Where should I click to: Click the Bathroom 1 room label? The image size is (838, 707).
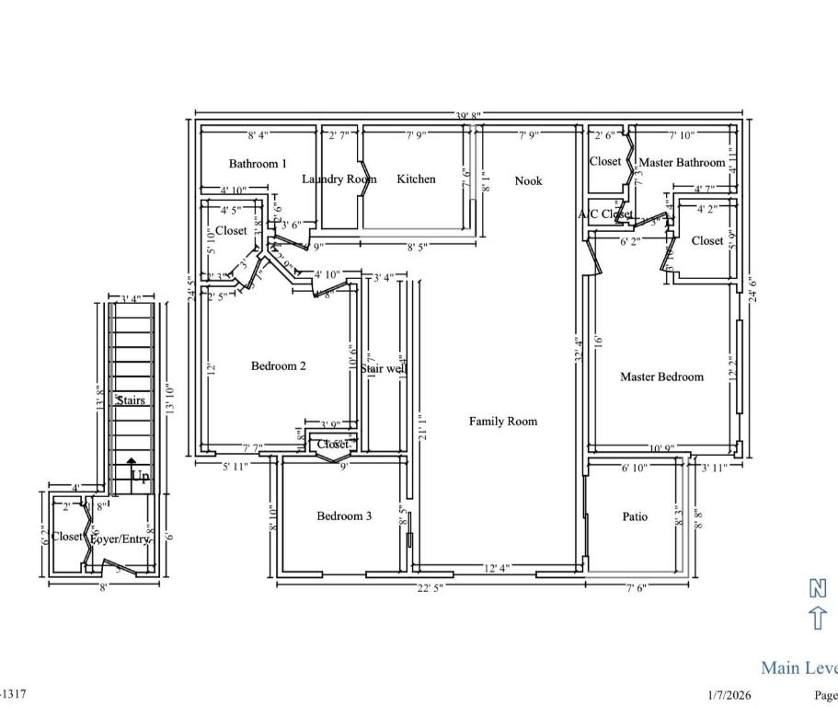click(x=258, y=164)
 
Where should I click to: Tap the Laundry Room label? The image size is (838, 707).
click(x=339, y=180)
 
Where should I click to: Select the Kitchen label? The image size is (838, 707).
click(x=416, y=179)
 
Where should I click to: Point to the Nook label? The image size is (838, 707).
click(x=528, y=180)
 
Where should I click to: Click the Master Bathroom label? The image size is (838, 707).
click(x=682, y=163)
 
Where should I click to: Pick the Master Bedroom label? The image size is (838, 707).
click(x=661, y=377)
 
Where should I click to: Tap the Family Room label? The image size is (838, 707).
click(x=502, y=422)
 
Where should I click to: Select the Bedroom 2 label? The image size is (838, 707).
click(x=279, y=366)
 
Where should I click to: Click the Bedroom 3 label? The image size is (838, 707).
click(x=344, y=516)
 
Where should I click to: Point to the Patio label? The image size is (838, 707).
click(x=635, y=517)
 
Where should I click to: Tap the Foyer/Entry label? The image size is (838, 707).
click(x=120, y=539)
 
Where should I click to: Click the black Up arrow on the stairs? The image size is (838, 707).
click(x=132, y=463)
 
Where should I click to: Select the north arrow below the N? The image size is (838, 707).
click(x=817, y=618)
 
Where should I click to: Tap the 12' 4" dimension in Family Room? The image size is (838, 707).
click(x=497, y=568)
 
